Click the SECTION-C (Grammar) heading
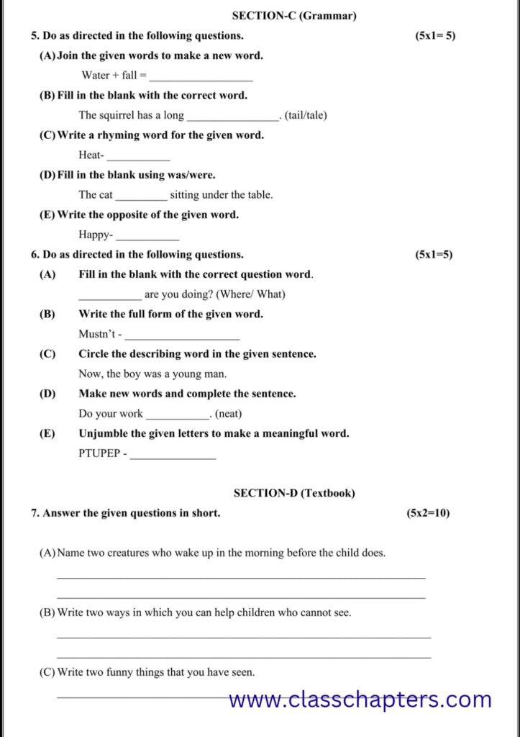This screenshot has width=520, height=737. (x=293, y=15)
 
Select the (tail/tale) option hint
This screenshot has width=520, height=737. (x=306, y=115)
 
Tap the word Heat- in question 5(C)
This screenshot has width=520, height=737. (x=91, y=155)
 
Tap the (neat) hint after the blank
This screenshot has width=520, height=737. (x=229, y=414)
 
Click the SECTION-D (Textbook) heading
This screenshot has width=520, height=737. (x=294, y=493)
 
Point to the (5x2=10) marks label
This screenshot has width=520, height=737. (x=428, y=513)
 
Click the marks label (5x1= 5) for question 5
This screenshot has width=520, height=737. (x=435, y=35)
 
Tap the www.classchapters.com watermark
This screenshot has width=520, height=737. (x=360, y=699)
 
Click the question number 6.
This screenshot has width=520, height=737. (x=35, y=254)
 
